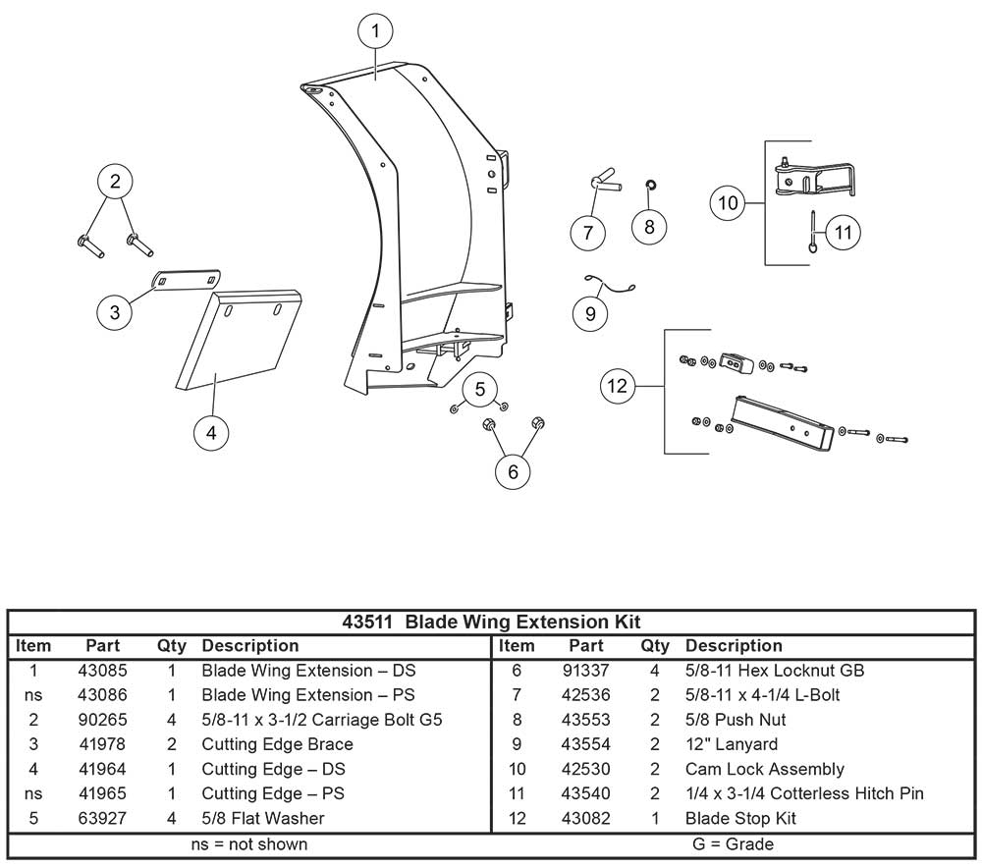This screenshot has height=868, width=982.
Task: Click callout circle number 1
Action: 375,31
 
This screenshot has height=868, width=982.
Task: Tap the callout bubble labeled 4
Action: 211,431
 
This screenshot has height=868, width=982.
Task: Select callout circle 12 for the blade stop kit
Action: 618,386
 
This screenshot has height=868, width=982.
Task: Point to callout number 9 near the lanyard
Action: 590,313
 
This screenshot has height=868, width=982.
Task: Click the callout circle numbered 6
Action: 513,471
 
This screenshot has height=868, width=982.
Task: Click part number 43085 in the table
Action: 102,671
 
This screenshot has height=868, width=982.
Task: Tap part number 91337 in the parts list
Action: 586,671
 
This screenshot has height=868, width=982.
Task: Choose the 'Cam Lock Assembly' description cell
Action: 764,769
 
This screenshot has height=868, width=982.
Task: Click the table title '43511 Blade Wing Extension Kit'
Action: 491,622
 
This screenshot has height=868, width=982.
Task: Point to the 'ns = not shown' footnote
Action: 248,843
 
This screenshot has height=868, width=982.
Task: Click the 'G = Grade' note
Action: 733,843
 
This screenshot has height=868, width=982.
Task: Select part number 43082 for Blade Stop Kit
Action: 586,818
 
